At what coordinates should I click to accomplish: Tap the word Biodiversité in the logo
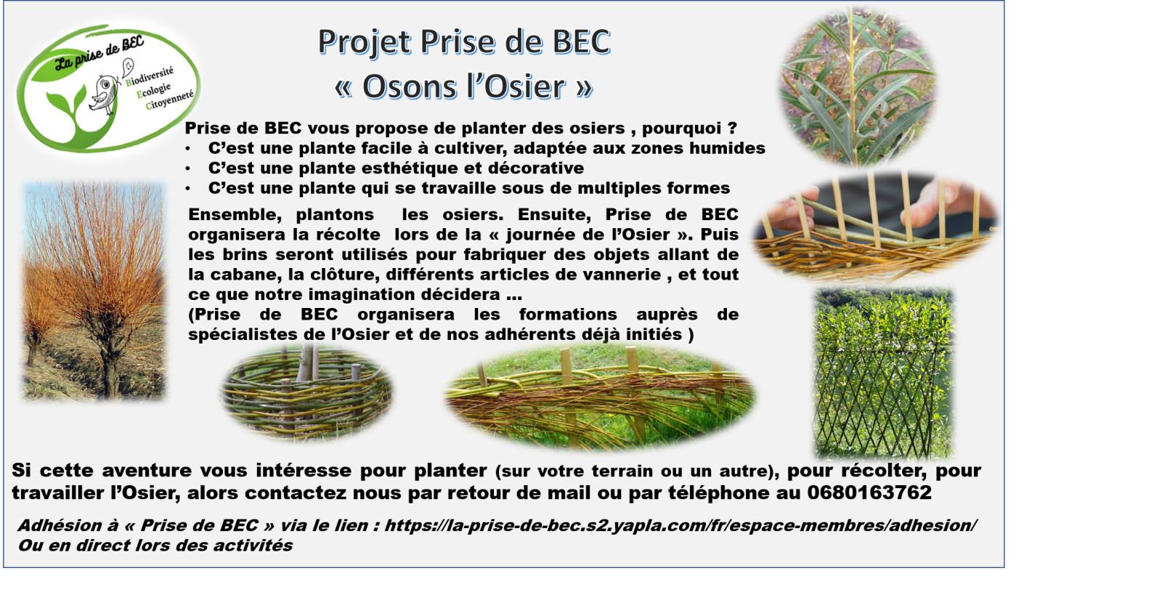point(150,76)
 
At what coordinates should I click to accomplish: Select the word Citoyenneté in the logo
point(169,100)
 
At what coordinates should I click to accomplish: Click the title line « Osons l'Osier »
point(463,86)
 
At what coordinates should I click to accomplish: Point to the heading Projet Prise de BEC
point(464,41)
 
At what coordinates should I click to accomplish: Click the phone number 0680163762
point(869,492)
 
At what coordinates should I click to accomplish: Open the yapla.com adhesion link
point(680,525)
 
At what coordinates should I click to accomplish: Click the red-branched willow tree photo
point(94,291)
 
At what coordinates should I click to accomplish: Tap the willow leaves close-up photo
point(858,86)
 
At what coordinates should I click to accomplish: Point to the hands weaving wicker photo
point(876,227)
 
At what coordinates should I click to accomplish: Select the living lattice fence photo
point(884,373)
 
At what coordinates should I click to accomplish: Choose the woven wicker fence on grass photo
point(600,398)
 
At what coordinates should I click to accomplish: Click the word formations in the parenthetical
point(568,315)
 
